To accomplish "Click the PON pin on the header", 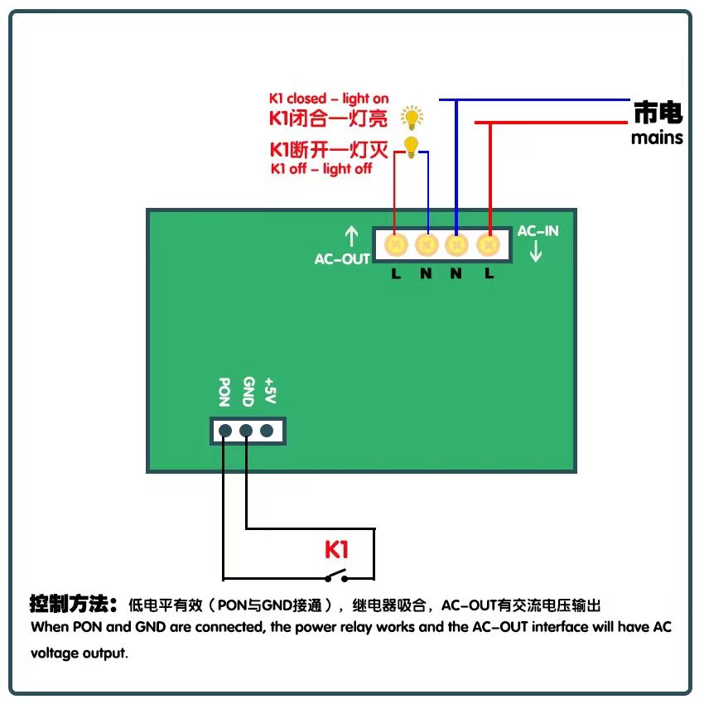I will [x=225, y=430].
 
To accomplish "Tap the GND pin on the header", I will [x=246, y=430].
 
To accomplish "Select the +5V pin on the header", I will [x=267, y=430].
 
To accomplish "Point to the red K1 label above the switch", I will [x=336, y=549].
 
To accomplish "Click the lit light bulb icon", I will [x=411, y=117].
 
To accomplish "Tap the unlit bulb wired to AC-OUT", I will [x=411, y=147].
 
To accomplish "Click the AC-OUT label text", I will [x=342, y=259].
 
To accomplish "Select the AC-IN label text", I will [x=538, y=231].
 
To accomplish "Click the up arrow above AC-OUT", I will [x=351, y=237].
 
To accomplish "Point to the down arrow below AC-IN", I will [x=536, y=252].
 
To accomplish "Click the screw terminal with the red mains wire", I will [x=489, y=244].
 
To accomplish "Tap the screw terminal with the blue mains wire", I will [x=456, y=244].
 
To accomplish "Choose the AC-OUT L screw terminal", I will [x=396, y=244].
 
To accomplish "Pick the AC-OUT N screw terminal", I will [x=427, y=244].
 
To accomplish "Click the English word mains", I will [x=657, y=137].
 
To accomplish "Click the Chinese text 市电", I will [x=658, y=113].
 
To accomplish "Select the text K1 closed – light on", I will [x=329, y=99].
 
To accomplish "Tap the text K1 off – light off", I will [x=321, y=169].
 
